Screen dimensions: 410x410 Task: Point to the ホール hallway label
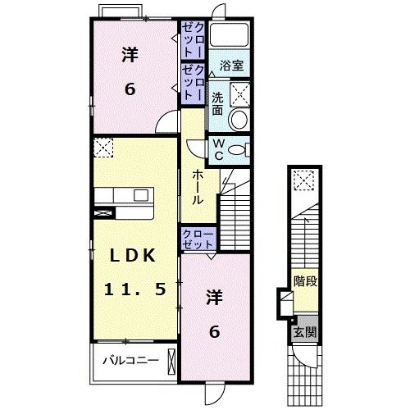[x=198, y=187]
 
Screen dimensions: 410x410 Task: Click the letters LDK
[x=128, y=255]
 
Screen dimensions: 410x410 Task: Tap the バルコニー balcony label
[x=124, y=360]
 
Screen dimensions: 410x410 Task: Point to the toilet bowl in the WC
[x=238, y=148]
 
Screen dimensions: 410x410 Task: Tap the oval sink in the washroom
[x=239, y=120]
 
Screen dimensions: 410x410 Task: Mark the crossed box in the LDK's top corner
[x=103, y=148]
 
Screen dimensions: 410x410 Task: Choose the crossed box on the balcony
[x=170, y=361]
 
